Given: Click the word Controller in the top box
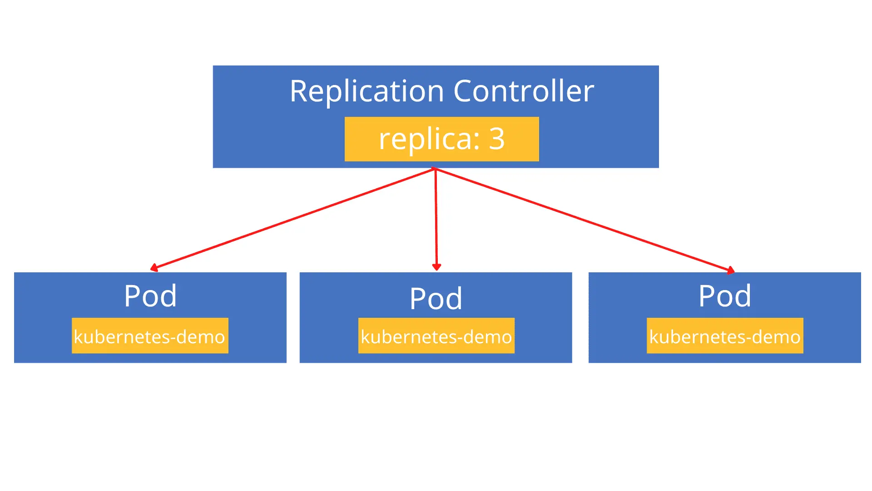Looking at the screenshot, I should (523, 91).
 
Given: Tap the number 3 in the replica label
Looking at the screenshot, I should (496, 139).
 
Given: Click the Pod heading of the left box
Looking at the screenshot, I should (150, 296).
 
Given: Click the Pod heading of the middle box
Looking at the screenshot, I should (436, 299).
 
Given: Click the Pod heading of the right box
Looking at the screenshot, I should (725, 296).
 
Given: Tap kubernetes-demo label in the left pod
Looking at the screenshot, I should (150, 336).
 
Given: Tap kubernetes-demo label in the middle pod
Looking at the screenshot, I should (436, 336).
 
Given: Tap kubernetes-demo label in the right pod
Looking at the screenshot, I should (725, 336).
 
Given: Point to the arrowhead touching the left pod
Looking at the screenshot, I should (154, 268).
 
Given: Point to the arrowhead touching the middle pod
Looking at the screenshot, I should (436, 267).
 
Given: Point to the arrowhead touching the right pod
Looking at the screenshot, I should (730, 271).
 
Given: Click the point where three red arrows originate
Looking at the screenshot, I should (435, 169).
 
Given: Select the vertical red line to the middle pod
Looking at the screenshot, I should (436, 218).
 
